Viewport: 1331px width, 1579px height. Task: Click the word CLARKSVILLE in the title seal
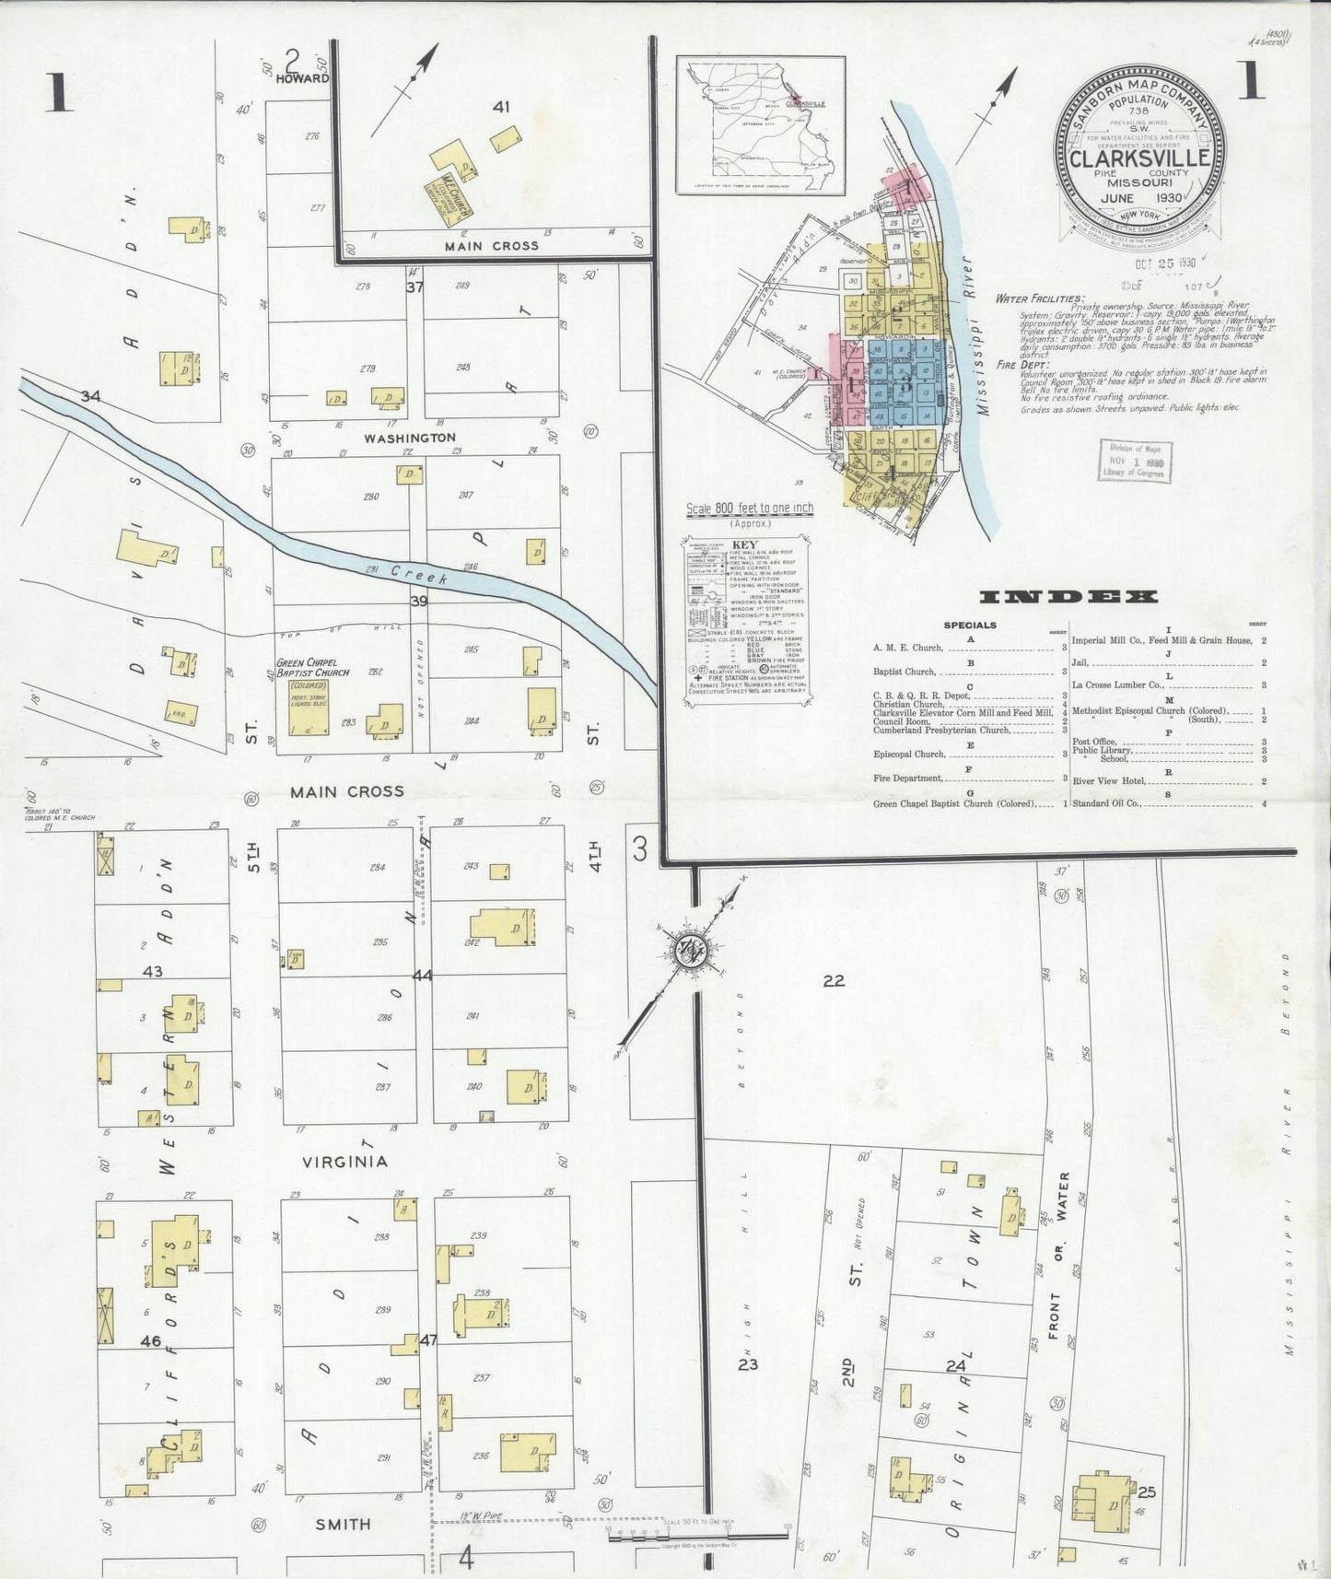(1139, 158)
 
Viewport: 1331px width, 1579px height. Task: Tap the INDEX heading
(1068, 597)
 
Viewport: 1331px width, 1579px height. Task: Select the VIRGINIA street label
(345, 1162)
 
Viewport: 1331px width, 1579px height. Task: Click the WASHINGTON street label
(409, 438)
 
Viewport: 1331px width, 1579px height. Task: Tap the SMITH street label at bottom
(343, 1524)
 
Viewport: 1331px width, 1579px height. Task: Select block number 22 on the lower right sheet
(834, 981)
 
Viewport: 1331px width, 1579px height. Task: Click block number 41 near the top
(500, 108)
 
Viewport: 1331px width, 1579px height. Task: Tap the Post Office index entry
(1093, 741)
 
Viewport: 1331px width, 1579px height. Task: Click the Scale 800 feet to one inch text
(749, 508)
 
